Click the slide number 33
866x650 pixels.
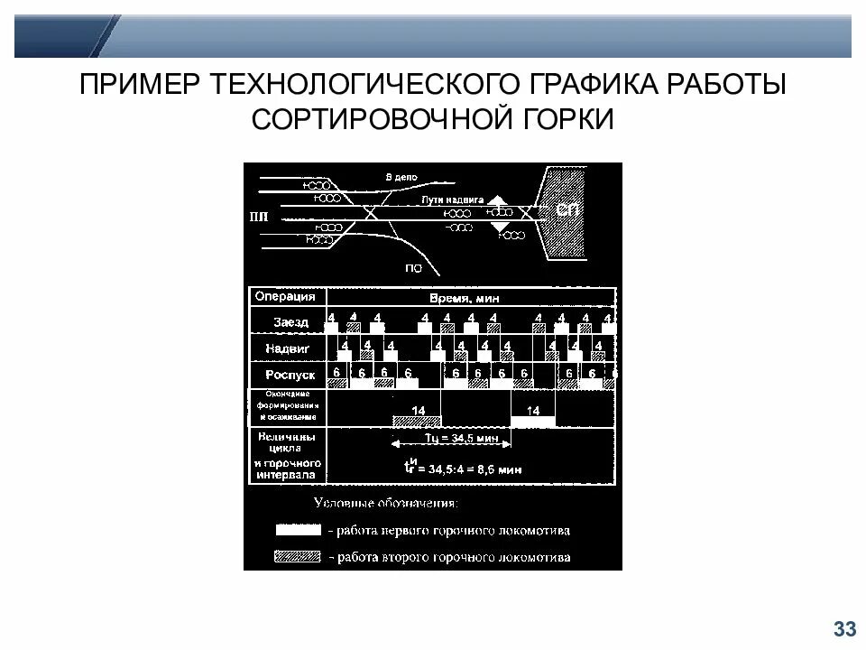click(x=844, y=628)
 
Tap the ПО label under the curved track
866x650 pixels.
click(x=413, y=267)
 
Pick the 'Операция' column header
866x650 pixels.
click(x=285, y=296)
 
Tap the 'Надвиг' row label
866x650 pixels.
click(x=289, y=348)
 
